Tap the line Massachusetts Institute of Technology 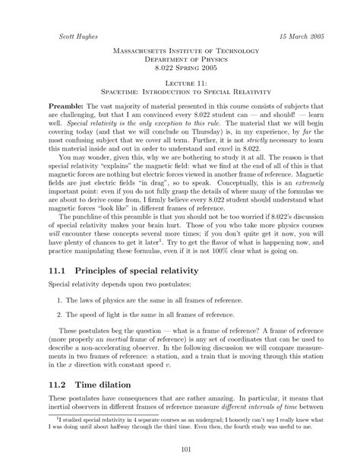[x=179, y=51]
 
